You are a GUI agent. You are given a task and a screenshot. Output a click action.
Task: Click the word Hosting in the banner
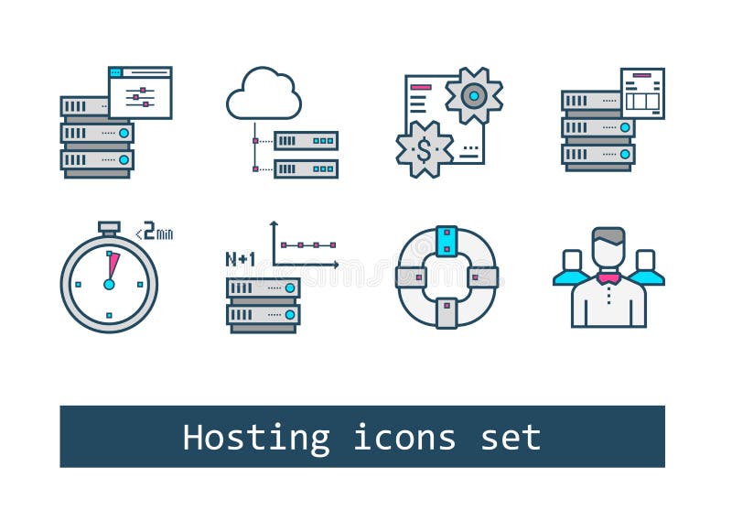click(255, 438)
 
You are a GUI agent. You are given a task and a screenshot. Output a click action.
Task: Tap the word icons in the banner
click(404, 438)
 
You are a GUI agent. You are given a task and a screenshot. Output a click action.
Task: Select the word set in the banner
click(511, 438)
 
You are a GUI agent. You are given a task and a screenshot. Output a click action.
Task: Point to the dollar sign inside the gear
click(424, 150)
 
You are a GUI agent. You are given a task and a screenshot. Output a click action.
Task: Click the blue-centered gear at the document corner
click(473, 95)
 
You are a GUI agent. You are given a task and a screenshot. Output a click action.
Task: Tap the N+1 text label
click(240, 259)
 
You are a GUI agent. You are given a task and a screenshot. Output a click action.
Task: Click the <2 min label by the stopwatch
click(155, 233)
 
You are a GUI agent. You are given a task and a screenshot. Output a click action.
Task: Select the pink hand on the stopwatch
click(113, 266)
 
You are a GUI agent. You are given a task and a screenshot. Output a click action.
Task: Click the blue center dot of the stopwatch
click(109, 284)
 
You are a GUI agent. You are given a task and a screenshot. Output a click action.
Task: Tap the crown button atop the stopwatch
click(109, 226)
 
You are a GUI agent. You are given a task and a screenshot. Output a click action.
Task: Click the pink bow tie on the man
click(608, 278)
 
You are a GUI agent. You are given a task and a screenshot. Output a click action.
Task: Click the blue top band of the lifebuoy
click(447, 240)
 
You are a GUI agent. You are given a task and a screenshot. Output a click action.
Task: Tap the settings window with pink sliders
click(140, 92)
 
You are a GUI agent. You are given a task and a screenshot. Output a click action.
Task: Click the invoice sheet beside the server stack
click(642, 92)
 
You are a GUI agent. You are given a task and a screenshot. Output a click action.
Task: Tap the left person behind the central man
click(572, 268)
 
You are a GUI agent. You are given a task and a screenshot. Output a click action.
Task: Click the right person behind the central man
click(645, 268)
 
